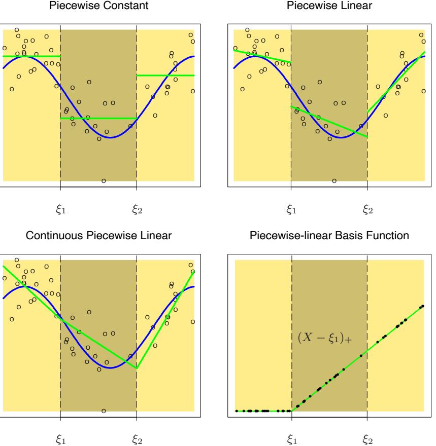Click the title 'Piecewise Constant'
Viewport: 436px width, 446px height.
click(x=98, y=6)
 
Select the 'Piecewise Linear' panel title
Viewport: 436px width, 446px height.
click(x=329, y=6)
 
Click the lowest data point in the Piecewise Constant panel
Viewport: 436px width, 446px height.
click(x=104, y=181)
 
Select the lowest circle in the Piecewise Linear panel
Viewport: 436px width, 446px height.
click(x=334, y=181)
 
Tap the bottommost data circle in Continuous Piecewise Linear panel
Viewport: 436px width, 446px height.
click(x=104, y=411)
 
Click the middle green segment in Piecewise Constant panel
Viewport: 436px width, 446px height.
click(x=98, y=118)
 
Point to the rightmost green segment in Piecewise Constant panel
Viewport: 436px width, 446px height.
click(x=165, y=76)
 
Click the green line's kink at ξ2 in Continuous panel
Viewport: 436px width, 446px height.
click(x=137, y=368)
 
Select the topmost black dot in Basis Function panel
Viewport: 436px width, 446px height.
click(x=423, y=306)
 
